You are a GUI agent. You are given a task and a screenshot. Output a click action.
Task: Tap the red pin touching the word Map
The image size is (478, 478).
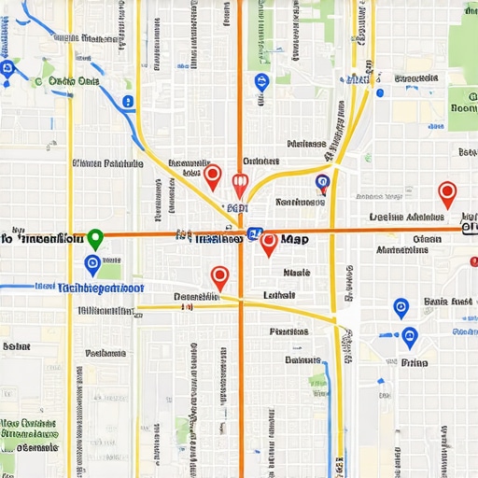coord(269,244)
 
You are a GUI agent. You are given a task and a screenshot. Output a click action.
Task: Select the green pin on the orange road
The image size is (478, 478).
coord(93,239)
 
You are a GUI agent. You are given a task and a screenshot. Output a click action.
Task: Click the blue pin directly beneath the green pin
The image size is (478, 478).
coord(91,265)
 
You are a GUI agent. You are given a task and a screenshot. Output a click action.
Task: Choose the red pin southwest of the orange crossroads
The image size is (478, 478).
coord(219,277)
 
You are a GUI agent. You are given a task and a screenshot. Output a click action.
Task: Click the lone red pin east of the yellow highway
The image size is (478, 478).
coord(447,194)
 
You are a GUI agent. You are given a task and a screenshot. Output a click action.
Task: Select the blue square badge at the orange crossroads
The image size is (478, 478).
coord(256,236)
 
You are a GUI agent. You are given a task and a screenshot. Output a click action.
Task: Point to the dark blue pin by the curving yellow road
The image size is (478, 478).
coord(322,184)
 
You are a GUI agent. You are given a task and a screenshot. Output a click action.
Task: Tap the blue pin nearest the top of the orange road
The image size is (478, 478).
coord(260,82)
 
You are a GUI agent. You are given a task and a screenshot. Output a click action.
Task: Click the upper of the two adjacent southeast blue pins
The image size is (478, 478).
coord(401,307)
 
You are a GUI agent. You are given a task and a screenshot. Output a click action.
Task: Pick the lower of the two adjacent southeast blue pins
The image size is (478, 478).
coord(409,338)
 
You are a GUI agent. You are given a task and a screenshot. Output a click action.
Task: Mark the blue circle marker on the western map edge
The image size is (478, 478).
coord(9,68)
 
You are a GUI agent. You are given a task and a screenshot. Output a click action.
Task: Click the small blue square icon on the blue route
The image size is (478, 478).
coord(378,91)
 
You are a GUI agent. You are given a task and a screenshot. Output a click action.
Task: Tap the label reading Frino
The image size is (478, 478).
coord(414,362)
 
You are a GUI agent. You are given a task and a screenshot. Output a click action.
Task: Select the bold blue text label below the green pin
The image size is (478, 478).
coord(101,288)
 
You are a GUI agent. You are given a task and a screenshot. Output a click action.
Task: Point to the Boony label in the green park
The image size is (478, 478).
coord(463,108)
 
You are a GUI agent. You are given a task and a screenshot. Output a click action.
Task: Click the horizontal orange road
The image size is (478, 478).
coord(373,230)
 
